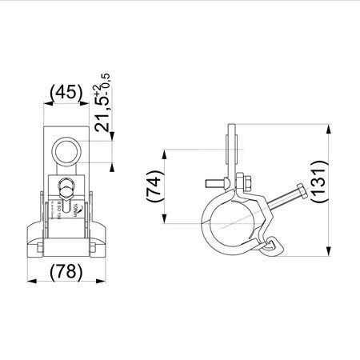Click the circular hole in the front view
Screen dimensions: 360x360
tap(66, 150)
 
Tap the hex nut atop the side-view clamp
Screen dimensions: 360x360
tap(243, 181)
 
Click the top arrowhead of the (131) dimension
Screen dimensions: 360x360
tap(327, 127)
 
